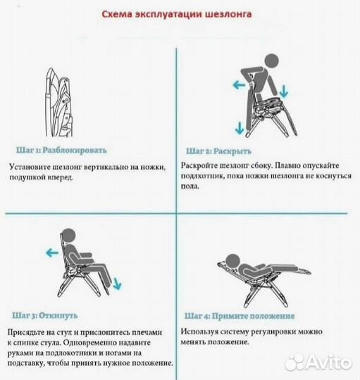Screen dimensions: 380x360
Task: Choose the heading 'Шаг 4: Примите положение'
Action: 240,315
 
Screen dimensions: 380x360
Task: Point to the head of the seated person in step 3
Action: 68,237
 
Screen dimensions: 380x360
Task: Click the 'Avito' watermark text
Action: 328,362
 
